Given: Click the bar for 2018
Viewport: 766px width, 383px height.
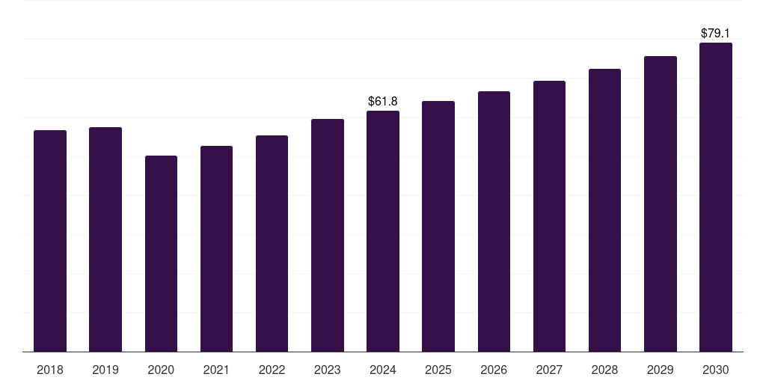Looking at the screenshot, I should coord(50,241).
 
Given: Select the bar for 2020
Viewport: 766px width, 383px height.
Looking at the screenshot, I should coord(161,254).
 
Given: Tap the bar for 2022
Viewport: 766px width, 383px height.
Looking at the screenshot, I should coord(272,243).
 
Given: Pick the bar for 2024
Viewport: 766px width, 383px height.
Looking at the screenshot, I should coord(383,231).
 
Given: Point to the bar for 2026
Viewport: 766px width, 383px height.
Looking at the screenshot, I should coord(494,221).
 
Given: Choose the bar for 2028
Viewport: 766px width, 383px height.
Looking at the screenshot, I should coord(604,210).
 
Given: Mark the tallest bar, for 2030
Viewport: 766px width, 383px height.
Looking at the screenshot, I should coord(716,197).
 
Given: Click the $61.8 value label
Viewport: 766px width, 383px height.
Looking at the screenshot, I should coord(383,101).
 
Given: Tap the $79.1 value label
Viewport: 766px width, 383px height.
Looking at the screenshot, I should coord(716,33).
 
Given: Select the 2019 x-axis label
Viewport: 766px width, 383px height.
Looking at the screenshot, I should coord(105,370).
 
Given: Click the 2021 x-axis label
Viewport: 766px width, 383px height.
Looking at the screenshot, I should coord(216,370).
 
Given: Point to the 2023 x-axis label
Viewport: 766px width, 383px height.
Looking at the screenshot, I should coord(328,370).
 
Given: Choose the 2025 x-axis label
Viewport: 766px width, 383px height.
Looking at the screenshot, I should coord(438,370).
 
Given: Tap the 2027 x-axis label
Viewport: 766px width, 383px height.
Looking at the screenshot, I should coord(549,370).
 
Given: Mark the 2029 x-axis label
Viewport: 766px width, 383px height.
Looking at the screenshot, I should coord(661,370).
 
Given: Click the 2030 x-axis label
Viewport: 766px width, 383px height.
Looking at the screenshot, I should coord(716,370).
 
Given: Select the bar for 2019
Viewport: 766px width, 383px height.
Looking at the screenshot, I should coord(105,239).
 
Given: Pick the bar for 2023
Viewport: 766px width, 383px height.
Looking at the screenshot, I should coord(328,235).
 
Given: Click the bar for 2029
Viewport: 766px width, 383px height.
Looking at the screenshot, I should coord(661,203).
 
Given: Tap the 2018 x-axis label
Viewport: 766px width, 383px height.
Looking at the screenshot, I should coord(50,370).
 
